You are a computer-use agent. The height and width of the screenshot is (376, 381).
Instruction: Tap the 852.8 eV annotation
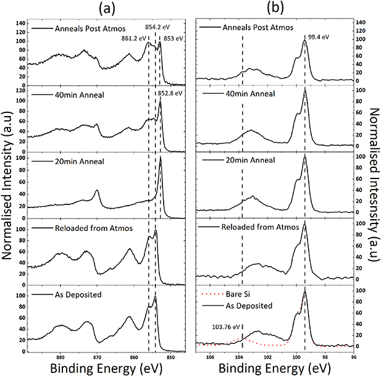point(170,94)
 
